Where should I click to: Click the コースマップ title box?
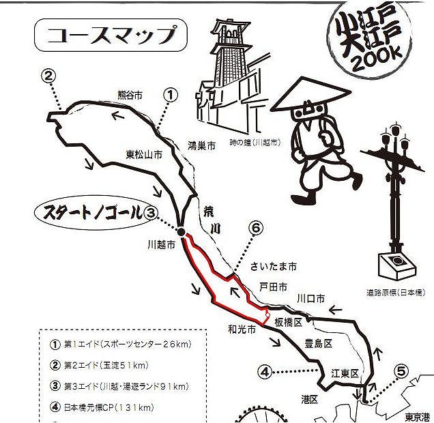[111, 35]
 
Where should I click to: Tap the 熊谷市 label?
[130, 95]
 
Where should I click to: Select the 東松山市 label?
[144, 154]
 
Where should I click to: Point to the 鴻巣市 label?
[201, 145]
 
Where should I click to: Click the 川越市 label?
[161, 244]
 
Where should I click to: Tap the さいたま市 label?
[274, 267]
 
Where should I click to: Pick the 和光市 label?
[242, 330]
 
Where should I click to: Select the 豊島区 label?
[318, 344]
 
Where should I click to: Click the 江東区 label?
[345, 373]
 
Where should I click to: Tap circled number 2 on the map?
[48, 76]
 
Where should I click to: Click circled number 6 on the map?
[256, 229]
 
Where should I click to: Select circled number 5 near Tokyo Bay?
[401, 371]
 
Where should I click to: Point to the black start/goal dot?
[181, 231]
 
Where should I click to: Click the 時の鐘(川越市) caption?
[255, 143]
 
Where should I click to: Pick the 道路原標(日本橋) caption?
[396, 293]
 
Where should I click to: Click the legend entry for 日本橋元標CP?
[102, 407]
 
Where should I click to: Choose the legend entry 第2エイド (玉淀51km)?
[99, 366]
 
